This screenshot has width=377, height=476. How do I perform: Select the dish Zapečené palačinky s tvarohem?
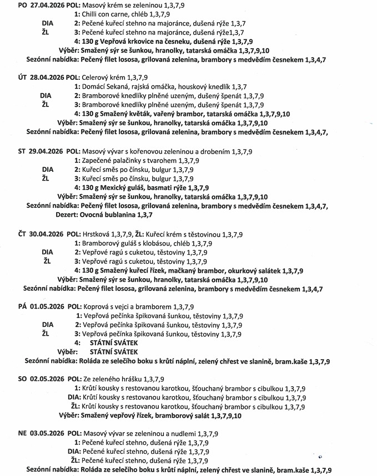coord(130,161)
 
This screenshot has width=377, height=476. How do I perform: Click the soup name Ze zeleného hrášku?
coord(112,379)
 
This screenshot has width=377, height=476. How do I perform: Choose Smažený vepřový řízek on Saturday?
coord(122,415)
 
